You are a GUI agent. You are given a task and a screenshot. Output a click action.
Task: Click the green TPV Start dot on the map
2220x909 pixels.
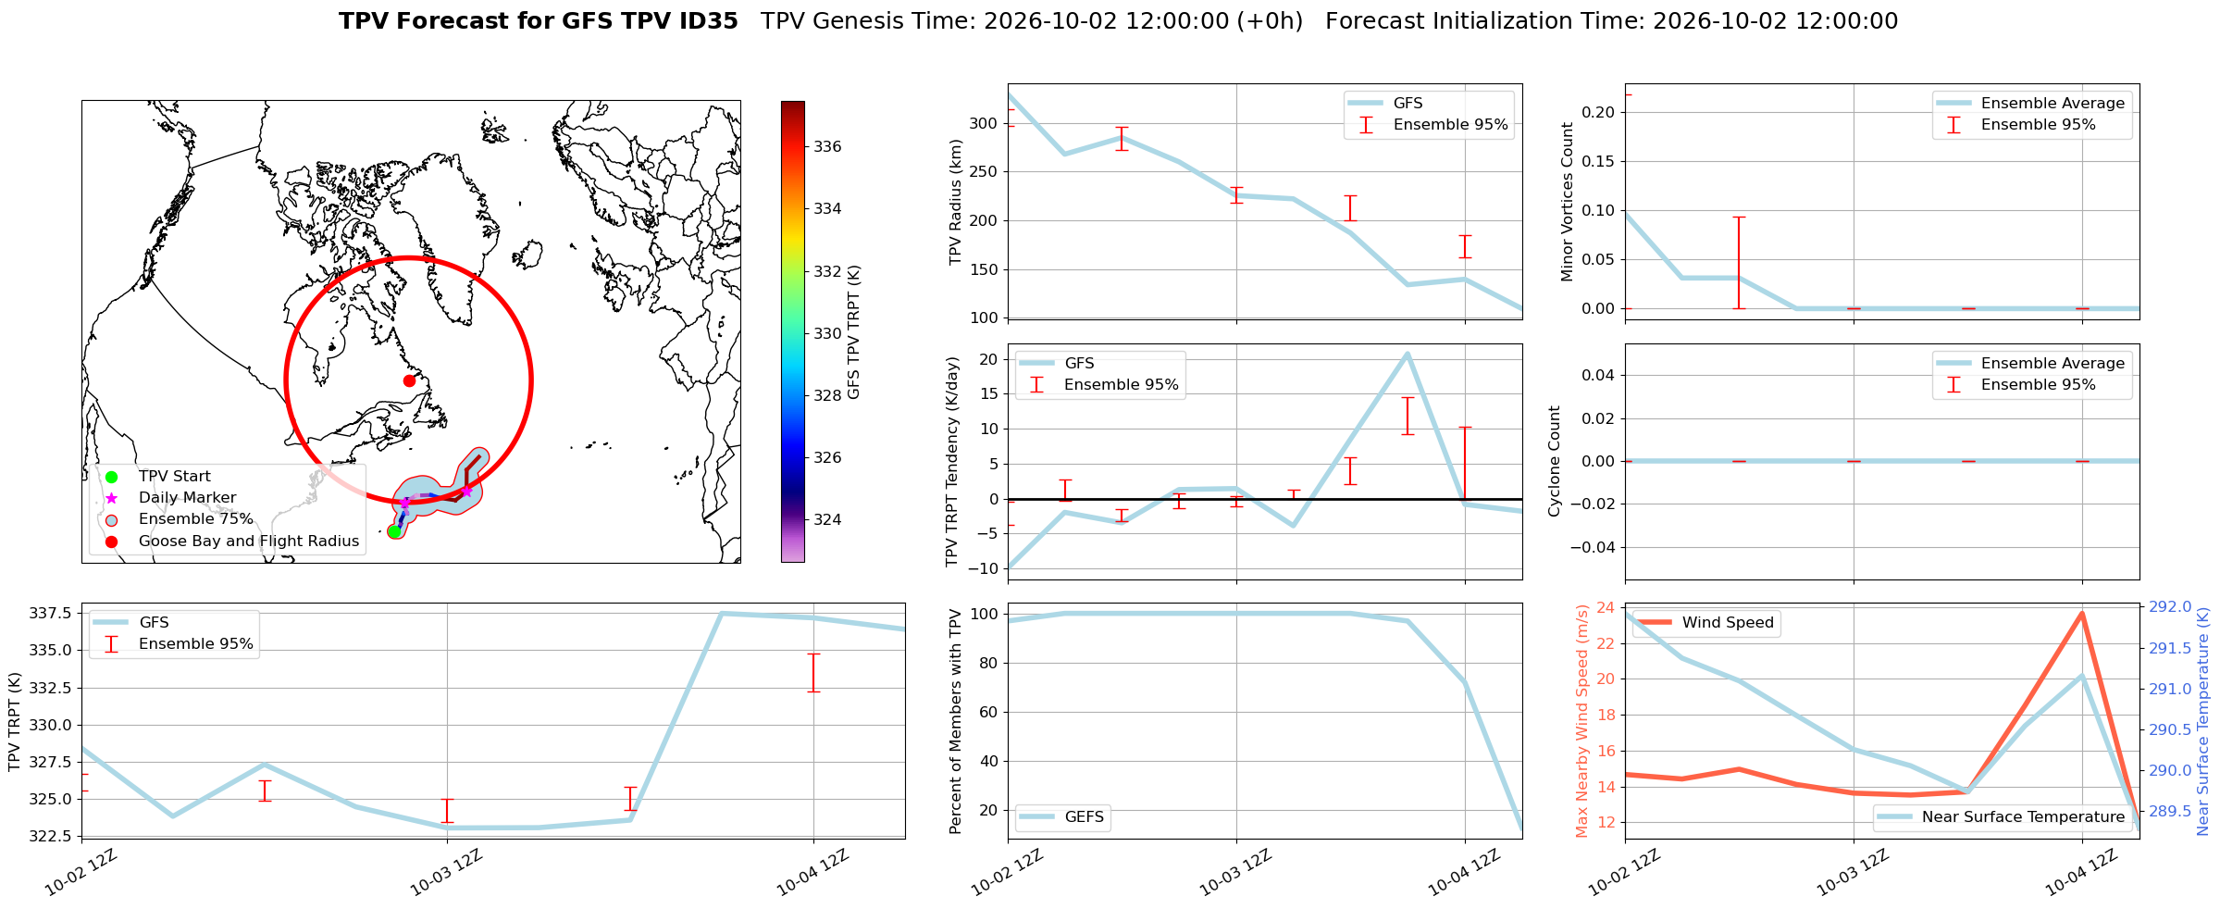pos(395,530)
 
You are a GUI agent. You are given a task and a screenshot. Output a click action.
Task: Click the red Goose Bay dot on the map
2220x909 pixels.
pos(409,380)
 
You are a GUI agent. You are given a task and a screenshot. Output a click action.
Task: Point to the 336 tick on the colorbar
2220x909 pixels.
pos(827,146)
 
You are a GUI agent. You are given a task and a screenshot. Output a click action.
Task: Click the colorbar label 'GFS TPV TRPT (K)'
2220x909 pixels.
pos(854,331)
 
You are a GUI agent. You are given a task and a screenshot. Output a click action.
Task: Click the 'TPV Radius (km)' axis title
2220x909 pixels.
pos(956,202)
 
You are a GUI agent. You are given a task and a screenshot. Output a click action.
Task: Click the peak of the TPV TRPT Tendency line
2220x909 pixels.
pos(1408,354)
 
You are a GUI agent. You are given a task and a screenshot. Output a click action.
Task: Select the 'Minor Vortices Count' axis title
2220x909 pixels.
pos(1567,202)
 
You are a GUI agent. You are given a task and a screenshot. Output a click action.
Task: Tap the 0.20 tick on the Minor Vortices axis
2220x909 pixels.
pos(1598,112)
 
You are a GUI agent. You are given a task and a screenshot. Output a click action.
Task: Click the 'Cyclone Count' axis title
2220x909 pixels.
pos(1555,461)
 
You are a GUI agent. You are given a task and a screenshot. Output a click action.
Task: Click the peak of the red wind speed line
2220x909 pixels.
pos(2082,613)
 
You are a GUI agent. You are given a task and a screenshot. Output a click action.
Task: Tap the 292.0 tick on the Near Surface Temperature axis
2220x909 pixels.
pos(2170,607)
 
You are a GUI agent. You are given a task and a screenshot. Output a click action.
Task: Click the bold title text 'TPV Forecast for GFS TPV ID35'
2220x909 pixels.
pos(539,21)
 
